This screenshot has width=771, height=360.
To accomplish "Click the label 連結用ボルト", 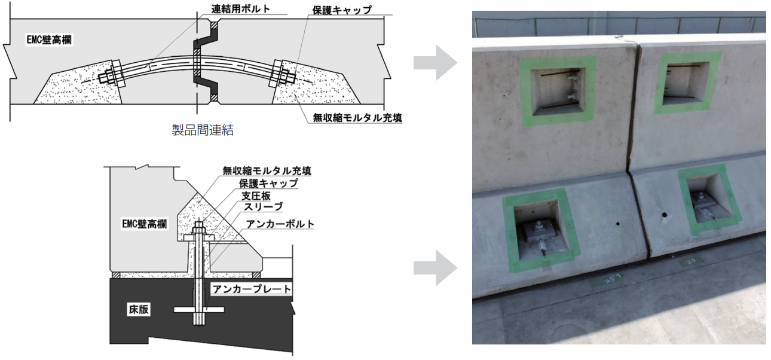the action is click(x=241, y=8).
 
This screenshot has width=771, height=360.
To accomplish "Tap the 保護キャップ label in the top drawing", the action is click(x=342, y=10).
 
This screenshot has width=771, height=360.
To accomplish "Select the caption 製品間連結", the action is click(x=203, y=130).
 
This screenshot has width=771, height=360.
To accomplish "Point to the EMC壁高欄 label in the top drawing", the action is click(x=49, y=40).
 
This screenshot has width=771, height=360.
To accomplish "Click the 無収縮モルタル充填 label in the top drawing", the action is click(x=357, y=118).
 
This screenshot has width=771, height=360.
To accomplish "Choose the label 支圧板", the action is click(x=256, y=196).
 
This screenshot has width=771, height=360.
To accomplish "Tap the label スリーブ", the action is click(x=264, y=207).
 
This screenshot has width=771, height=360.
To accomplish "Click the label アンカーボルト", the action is click(x=280, y=224).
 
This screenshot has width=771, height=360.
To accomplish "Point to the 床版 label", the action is click(x=139, y=309).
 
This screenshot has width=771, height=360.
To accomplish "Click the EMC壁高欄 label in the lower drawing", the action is click(x=145, y=224).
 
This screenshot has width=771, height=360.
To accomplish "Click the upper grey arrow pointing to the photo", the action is click(x=436, y=63).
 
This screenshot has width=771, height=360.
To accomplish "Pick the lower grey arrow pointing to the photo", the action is click(x=436, y=268).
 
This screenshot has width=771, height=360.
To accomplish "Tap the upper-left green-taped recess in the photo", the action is click(x=557, y=91).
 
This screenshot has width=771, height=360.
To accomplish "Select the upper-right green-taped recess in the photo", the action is click(x=686, y=83).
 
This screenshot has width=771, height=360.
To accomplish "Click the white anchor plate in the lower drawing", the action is click(x=199, y=310).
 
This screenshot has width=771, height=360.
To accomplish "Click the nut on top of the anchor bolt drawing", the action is click(x=198, y=228).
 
